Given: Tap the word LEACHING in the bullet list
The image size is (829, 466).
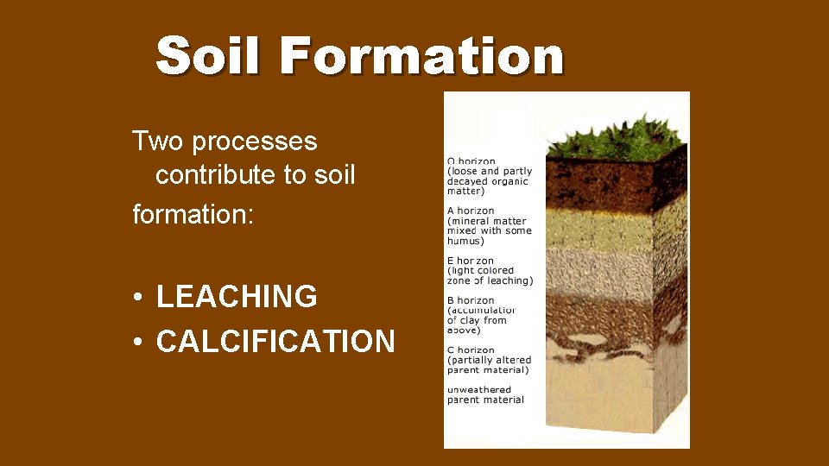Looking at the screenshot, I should click(x=237, y=297).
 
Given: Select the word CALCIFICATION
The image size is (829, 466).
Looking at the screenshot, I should click(x=275, y=342).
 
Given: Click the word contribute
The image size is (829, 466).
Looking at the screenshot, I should click(x=216, y=175).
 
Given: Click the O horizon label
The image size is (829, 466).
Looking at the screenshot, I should click(x=471, y=161).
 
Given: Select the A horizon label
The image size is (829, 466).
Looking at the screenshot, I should click(x=471, y=211).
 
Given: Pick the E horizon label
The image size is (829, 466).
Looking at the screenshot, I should click(x=471, y=261).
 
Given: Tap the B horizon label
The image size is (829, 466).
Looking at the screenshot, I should click(x=471, y=300).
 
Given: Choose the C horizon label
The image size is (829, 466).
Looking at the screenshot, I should click(x=471, y=349).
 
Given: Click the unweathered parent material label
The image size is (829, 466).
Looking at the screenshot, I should click(x=485, y=394).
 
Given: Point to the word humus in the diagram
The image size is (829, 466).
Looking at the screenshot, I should click(x=465, y=241).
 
